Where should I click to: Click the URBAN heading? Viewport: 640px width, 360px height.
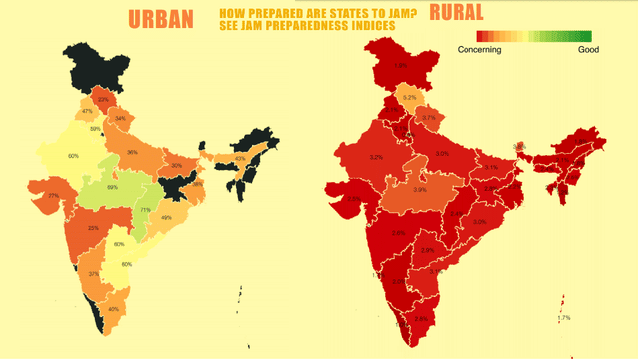point(159,19)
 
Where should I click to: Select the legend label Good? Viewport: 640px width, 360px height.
point(588,48)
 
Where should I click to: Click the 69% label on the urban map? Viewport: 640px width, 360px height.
point(112,187)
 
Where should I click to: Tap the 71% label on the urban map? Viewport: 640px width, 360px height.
point(146,210)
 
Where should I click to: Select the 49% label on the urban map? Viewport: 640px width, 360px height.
point(166,218)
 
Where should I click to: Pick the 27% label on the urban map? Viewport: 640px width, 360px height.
point(52,195)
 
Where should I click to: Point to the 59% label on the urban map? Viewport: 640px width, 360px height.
point(95,129)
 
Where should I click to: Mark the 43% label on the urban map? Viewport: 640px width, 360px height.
point(239,158)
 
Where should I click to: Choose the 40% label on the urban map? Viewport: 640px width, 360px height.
point(113,309)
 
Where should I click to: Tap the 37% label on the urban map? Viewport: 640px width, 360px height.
point(93,273)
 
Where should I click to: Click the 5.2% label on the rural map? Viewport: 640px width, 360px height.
point(409,98)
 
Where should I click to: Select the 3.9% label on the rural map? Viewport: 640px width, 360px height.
point(420,189)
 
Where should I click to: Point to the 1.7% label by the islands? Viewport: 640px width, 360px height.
point(565,317)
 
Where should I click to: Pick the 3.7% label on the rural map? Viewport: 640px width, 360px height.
point(428,118)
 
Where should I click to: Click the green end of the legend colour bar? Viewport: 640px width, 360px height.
point(586,36)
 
